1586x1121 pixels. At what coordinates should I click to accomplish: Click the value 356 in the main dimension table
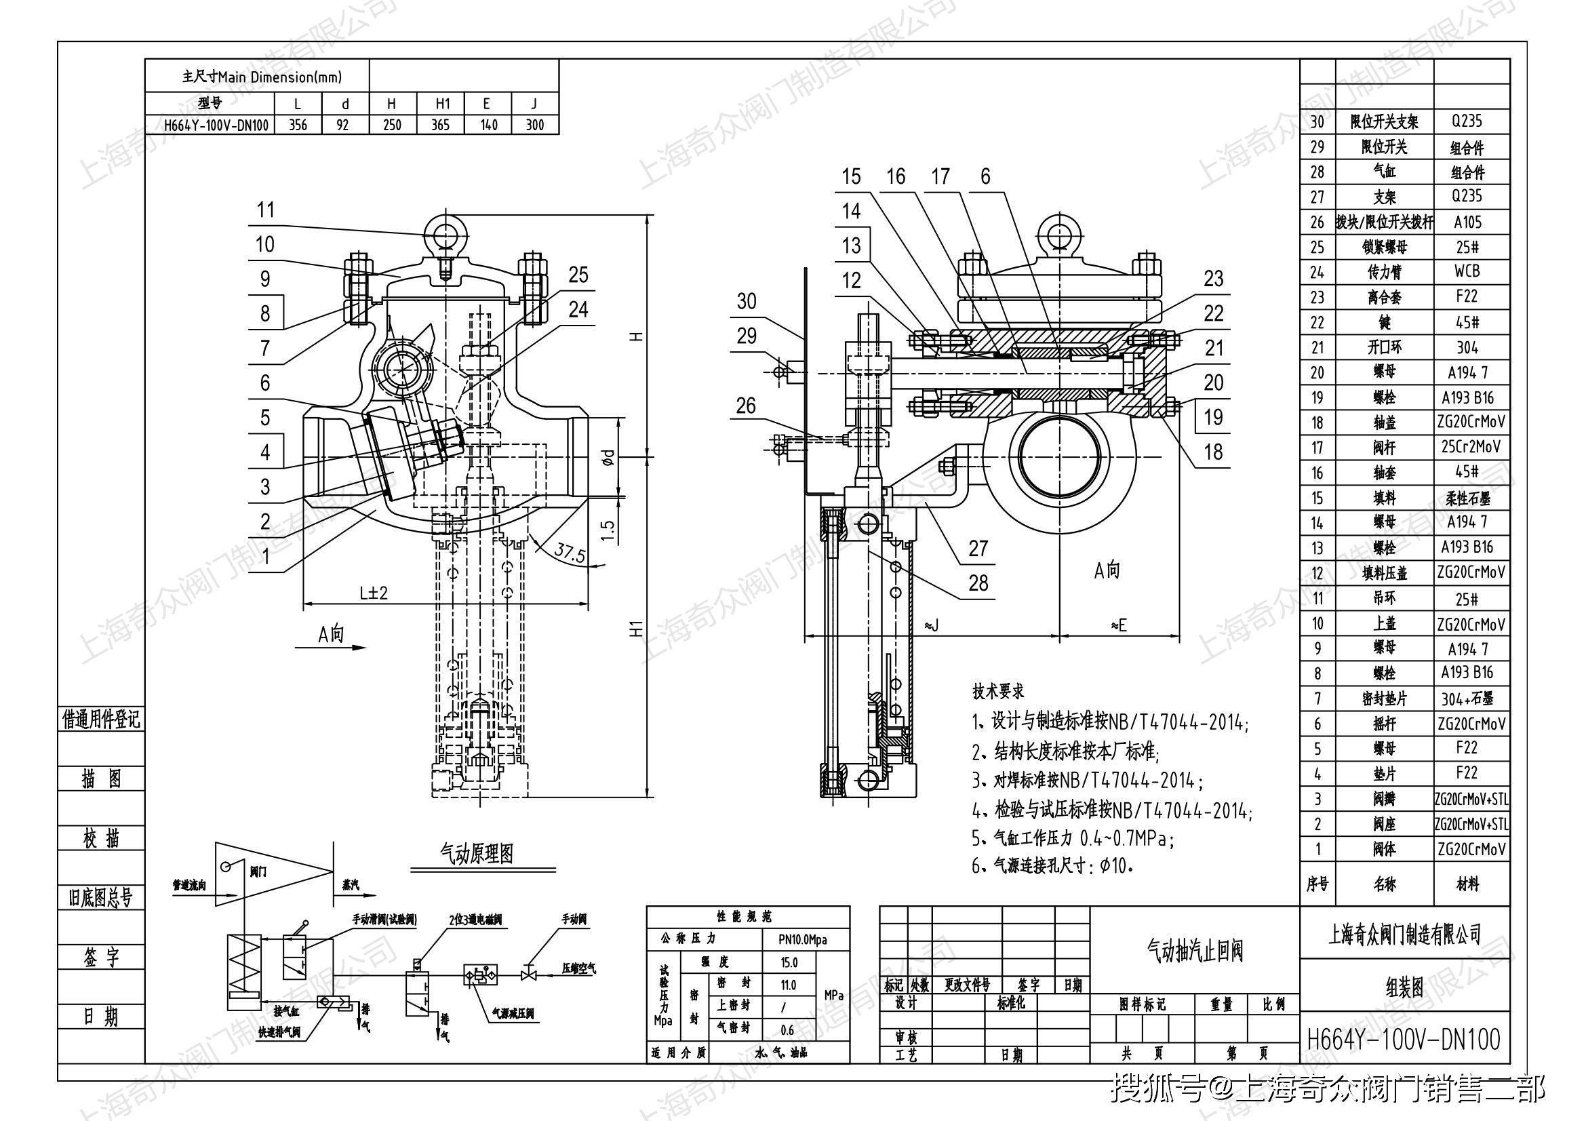298,125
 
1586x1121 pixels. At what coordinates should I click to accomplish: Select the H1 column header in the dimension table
442,104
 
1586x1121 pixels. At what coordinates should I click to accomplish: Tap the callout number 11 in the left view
266,210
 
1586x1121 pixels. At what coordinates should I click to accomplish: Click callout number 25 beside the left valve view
578,275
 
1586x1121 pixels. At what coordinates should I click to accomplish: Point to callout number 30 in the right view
747,301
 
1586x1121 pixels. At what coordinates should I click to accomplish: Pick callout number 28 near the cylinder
978,583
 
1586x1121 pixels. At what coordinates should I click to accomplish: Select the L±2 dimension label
374,593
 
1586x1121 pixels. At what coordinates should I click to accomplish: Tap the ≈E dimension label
1118,625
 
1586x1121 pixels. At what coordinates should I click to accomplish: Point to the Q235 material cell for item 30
1467,121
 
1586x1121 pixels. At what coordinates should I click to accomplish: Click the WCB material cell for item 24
1467,271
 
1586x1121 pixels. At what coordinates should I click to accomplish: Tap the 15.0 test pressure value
789,962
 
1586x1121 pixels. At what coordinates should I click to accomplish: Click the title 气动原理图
477,854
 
